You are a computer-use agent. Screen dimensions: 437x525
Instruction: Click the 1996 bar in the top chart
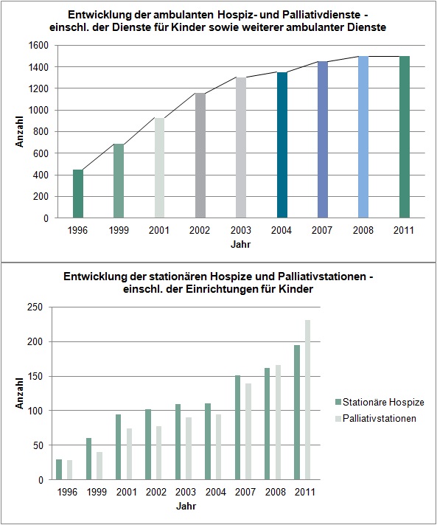[78, 194]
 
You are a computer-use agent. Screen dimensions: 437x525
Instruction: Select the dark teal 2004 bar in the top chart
[282, 145]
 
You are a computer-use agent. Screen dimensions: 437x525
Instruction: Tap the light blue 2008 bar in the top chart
[363, 137]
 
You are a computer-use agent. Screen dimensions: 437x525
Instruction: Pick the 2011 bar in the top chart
[405, 137]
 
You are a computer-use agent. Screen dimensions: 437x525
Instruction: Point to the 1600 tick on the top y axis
[41, 45]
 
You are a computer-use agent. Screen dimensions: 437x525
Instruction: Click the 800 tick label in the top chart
[41, 132]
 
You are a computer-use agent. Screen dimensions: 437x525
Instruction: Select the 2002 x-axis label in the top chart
[200, 230]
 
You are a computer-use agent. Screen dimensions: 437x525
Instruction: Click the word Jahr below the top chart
[240, 244]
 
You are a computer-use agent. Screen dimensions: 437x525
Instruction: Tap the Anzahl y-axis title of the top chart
[19, 131]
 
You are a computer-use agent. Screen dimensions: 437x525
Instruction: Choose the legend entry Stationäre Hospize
[380, 402]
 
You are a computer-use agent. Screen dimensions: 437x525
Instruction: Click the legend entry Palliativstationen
[375, 419]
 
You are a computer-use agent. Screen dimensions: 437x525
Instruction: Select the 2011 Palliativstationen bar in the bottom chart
[307, 400]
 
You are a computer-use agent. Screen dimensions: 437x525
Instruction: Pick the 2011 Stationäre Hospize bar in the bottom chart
[297, 412]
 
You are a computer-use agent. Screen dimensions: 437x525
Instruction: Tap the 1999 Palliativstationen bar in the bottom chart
[99, 466]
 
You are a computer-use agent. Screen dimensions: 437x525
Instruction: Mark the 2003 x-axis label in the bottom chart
[186, 493]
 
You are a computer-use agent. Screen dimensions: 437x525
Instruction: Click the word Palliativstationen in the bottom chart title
[321, 277]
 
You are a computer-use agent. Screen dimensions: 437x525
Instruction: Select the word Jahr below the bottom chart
[186, 506]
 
